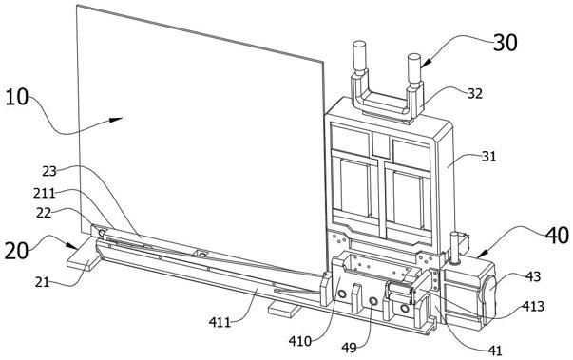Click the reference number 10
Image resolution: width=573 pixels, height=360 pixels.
pos(17,98)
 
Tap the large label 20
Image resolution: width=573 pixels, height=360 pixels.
pos(16,251)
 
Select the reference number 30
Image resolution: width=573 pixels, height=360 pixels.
pos(506,43)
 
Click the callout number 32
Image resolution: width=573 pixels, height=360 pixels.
pos(475,94)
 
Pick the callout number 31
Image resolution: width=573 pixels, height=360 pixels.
pos(489,157)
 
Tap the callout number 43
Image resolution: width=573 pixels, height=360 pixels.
pos(533,276)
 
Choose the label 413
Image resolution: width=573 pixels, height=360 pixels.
pos(533,306)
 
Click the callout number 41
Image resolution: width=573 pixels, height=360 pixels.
pos(495,351)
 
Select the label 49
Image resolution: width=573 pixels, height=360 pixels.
pos(349,348)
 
